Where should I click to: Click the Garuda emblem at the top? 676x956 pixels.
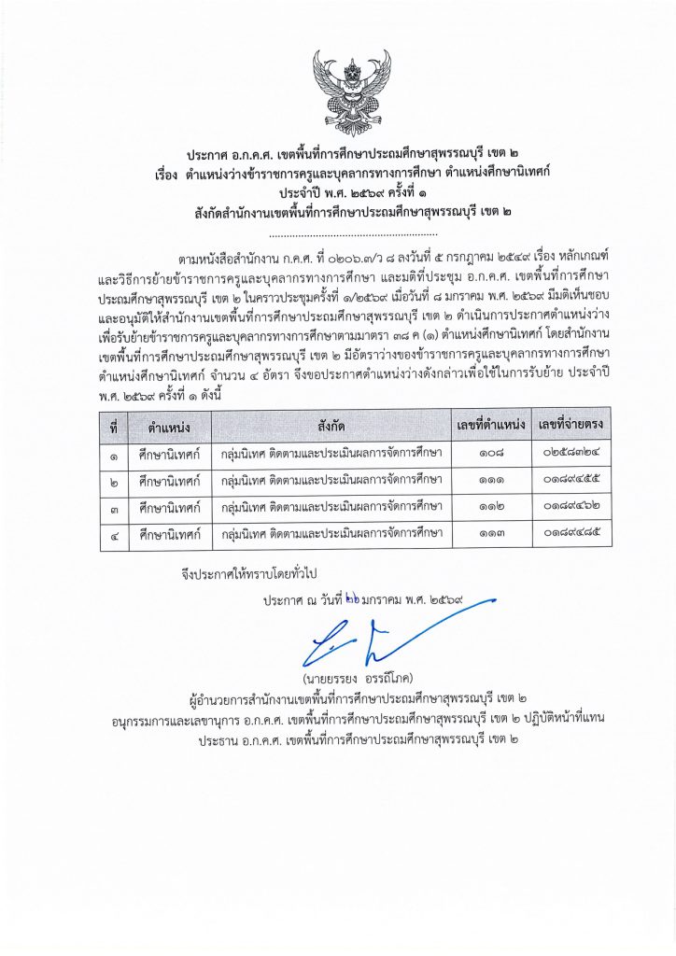pyautogui.click(x=338, y=94)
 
